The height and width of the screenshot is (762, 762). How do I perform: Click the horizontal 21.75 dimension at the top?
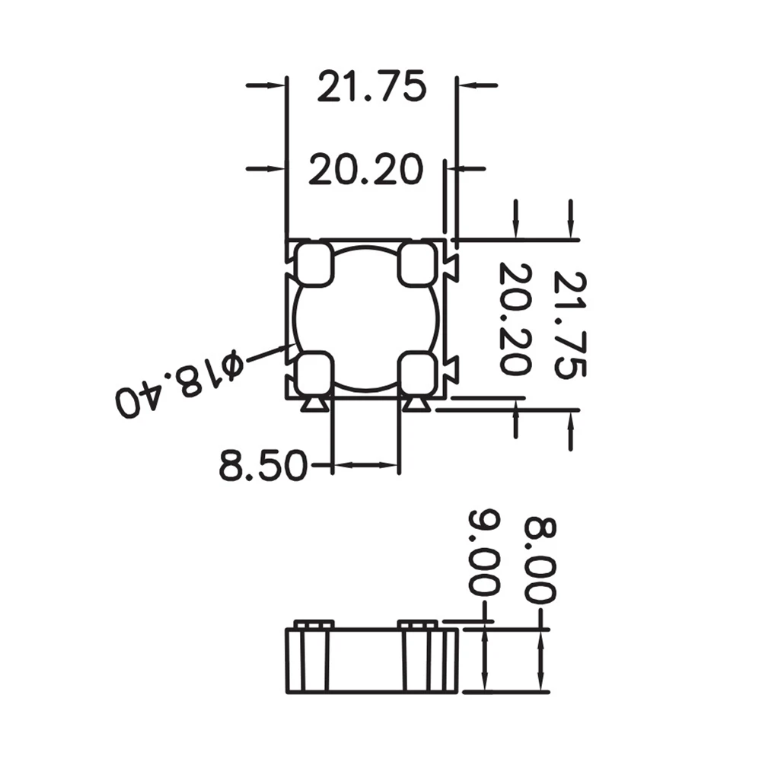coord(371,86)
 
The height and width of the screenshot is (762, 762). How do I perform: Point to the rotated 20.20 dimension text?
coord(515,318)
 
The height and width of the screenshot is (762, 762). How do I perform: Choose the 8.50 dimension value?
coord(263,464)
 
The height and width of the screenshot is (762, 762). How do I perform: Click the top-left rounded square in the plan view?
coord(314,263)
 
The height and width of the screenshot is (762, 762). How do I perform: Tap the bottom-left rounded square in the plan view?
coord(314,371)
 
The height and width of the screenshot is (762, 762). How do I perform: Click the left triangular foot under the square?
coord(314,405)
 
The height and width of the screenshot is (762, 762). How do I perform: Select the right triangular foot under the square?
coord(416,405)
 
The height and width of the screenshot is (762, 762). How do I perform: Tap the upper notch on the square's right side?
coord(451,266)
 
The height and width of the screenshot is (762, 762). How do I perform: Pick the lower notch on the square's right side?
coord(451,369)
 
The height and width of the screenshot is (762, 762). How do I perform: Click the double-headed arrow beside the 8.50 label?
coord(366,464)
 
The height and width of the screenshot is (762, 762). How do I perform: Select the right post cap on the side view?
coord(418,625)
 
